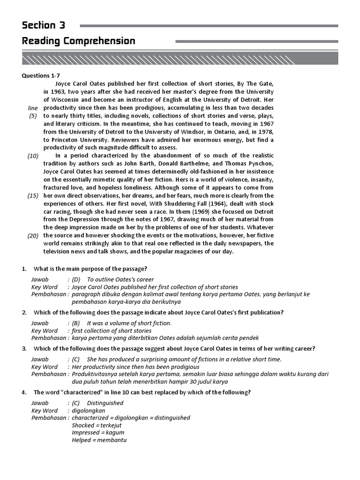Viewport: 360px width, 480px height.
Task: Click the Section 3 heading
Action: [x=44, y=25]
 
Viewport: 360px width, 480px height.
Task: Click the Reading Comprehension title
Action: [x=79, y=41]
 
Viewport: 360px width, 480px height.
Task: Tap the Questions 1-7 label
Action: [x=41, y=75]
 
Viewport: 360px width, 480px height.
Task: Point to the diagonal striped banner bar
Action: [x=180, y=59]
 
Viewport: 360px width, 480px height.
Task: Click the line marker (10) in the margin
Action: [x=33, y=156]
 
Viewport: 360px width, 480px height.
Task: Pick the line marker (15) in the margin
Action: [x=33, y=195]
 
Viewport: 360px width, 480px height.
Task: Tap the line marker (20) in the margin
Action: [x=33, y=236]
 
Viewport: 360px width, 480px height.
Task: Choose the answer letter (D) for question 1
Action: [x=76, y=279]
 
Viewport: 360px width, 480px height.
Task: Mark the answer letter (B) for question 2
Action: [x=76, y=323]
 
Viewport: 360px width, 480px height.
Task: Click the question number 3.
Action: [x=24, y=348]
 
